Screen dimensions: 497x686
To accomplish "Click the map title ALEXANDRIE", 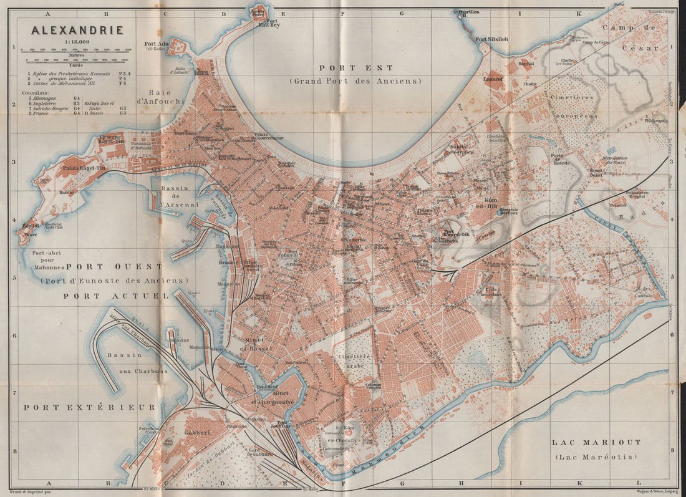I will coord(69,29).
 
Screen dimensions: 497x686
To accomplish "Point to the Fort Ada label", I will coord(157,44).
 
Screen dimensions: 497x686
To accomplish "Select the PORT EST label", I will coord(356,68).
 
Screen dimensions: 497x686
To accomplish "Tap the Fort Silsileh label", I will coord(492,39).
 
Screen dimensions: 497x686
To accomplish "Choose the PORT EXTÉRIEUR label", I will coord(89,407).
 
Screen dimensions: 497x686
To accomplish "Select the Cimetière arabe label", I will coord(354,361).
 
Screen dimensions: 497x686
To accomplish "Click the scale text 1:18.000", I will coord(69,41).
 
